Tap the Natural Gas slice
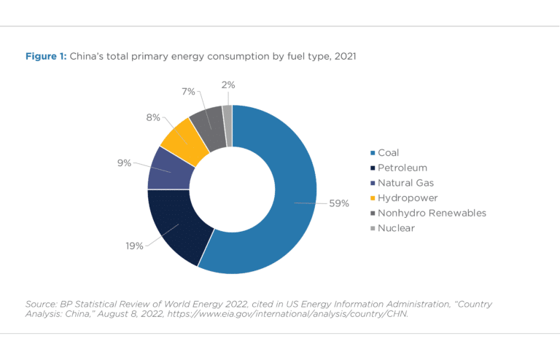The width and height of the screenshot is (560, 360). [170, 169]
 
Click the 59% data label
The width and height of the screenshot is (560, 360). [339, 204]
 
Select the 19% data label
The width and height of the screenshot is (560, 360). [133, 246]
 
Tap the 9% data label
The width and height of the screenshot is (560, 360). [124, 163]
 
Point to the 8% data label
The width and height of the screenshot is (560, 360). [152, 117]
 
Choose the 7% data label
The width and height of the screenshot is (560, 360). [188, 92]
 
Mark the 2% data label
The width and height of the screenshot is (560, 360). [228, 85]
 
